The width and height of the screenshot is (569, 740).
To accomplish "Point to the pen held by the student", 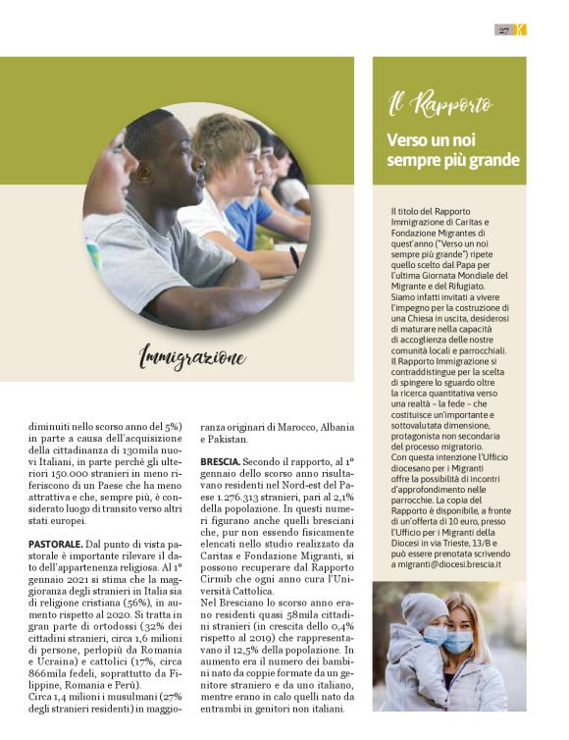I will [x=294, y=257].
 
